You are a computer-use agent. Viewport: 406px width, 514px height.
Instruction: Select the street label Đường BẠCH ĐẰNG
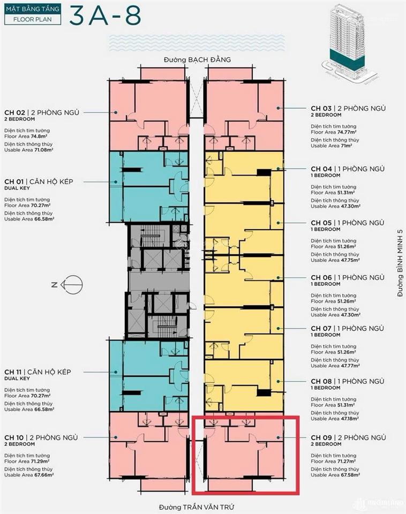tap(197, 59)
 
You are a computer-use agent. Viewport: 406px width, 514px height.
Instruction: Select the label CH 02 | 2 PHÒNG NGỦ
tap(42, 112)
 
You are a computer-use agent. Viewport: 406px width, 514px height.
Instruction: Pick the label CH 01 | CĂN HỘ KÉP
tap(46, 182)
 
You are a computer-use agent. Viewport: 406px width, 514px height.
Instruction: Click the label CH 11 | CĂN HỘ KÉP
tap(45, 372)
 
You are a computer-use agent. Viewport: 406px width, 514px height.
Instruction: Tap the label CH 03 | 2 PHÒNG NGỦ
tap(348, 108)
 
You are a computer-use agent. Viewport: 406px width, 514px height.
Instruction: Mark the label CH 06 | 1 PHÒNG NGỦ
tap(347, 277)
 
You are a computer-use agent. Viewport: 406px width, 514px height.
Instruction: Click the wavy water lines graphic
tap(198, 43)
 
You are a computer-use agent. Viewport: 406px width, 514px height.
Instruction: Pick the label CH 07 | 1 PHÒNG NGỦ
tap(347, 328)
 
